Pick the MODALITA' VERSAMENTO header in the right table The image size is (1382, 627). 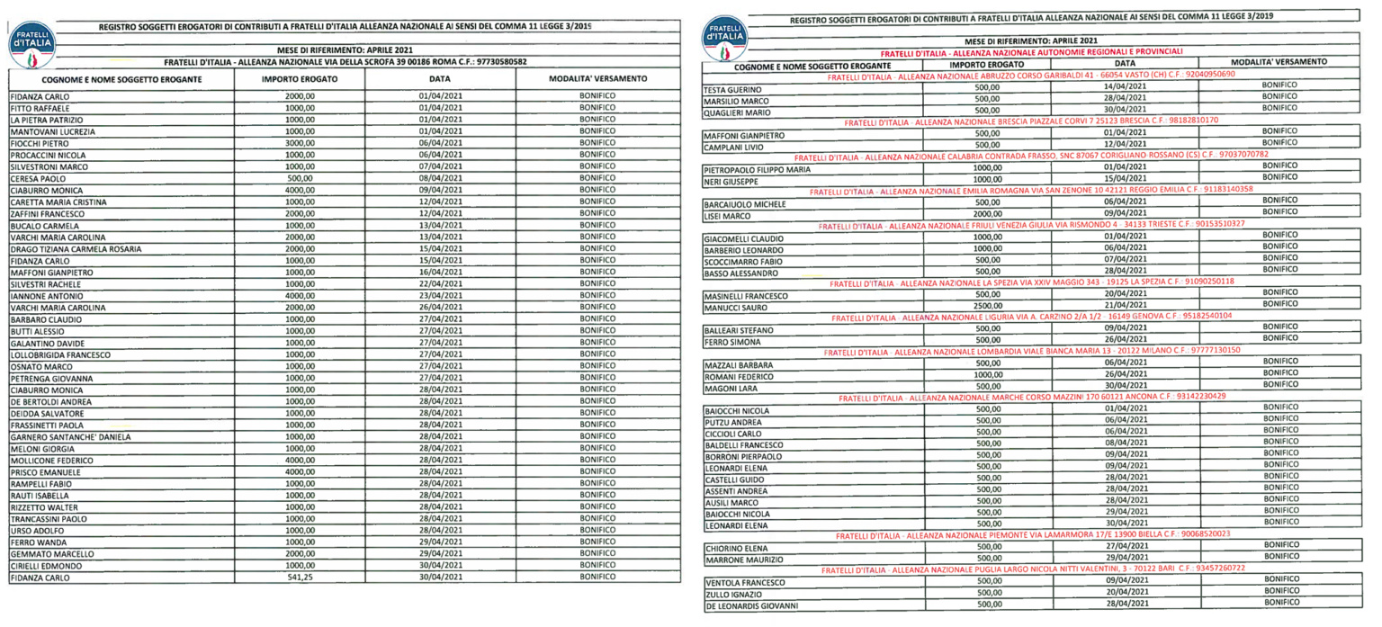pyautogui.click(x=1279, y=61)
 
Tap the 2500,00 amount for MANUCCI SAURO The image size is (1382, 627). pyautogui.click(x=988, y=306)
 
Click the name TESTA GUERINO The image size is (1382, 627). pyautogui.click(x=733, y=89)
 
